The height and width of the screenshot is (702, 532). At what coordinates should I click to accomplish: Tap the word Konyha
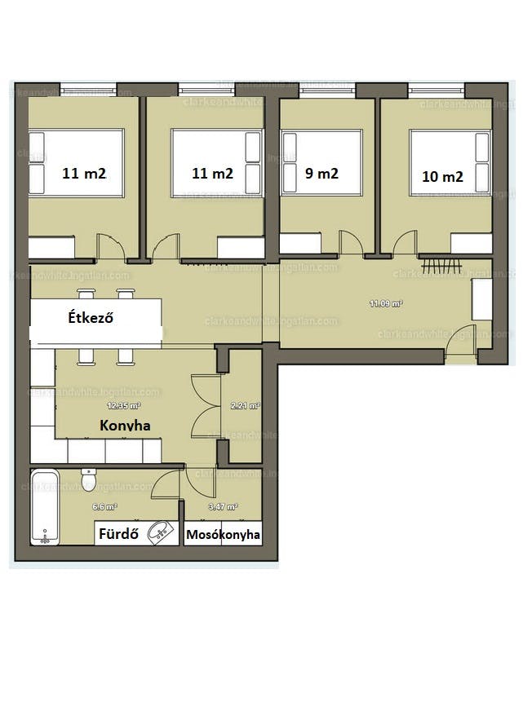pyautogui.click(x=125, y=425)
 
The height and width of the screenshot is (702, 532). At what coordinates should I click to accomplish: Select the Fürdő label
pyautogui.click(x=117, y=535)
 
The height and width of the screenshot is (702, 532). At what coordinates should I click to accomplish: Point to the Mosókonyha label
pyautogui.click(x=224, y=535)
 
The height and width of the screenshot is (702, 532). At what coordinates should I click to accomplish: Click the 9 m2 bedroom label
pyautogui.click(x=321, y=174)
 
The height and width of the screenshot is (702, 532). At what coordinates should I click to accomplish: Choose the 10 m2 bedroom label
pyautogui.click(x=443, y=175)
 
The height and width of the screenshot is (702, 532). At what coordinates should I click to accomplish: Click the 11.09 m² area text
pyautogui.click(x=385, y=303)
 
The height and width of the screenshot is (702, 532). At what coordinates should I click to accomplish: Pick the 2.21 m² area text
pyautogui.click(x=244, y=405)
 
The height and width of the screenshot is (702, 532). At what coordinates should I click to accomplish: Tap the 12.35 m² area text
pyautogui.click(x=124, y=405)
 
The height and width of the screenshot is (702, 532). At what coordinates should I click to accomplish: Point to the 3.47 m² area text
pyautogui.click(x=223, y=507)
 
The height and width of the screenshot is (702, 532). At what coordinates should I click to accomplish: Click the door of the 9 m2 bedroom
pyautogui.click(x=352, y=243)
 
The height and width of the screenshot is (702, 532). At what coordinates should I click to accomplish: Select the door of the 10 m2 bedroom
pyautogui.click(x=405, y=243)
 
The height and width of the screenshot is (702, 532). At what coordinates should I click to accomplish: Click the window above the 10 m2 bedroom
pyautogui.click(x=436, y=89)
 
